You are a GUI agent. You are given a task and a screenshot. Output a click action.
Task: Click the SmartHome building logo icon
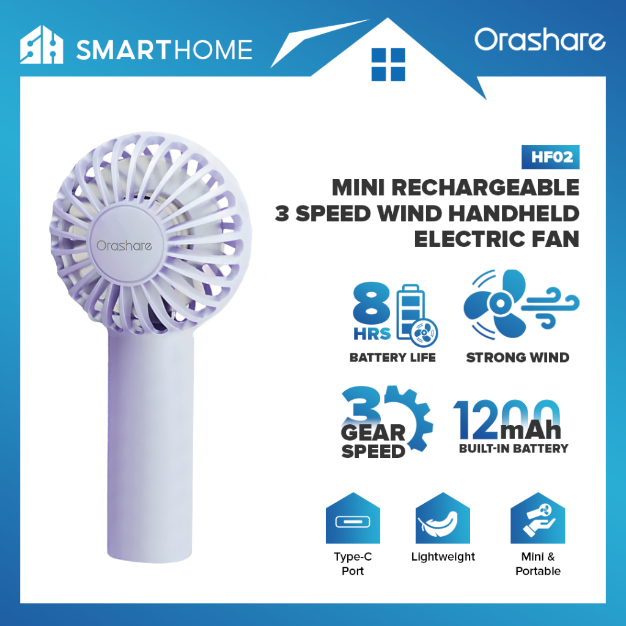(42, 45)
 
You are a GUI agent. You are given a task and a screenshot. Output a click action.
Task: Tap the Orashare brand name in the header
(540, 40)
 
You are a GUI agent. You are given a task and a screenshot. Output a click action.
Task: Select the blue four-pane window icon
(388, 65)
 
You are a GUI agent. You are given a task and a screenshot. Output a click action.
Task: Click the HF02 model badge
(551, 157)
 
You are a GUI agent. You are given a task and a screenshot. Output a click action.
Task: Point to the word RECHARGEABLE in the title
(485, 187)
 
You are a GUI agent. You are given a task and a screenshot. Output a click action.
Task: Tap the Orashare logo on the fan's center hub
(124, 246)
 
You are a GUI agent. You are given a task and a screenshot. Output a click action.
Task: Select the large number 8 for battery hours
(371, 303)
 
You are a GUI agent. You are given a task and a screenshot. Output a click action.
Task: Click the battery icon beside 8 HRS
(415, 315)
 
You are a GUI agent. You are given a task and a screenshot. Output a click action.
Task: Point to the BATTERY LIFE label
(392, 357)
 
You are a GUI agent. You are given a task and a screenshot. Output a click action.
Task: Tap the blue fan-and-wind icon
(521, 304)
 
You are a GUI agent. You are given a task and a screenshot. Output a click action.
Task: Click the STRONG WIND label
(518, 357)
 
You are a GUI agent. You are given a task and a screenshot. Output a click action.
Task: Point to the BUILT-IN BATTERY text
(514, 448)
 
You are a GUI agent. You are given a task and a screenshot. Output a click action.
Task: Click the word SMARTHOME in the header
(164, 50)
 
